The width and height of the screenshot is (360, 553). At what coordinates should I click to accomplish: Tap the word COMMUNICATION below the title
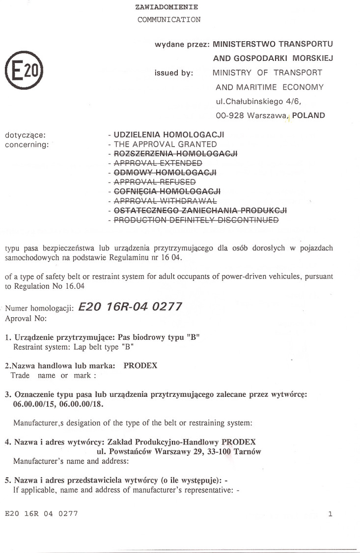(169, 20)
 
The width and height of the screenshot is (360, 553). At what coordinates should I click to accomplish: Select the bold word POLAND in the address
(308, 116)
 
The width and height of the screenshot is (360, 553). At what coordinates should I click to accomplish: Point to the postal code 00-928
(230, 116)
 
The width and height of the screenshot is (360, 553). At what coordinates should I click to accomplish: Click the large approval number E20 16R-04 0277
(130, 307)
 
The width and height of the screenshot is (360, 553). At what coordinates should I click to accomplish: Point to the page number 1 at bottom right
(331, 514)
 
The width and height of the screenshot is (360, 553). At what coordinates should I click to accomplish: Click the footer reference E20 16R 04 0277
(41, 514)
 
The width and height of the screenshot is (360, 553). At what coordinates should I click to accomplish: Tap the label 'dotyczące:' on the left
(25, 134)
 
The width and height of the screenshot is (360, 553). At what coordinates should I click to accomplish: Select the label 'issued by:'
(174, 73)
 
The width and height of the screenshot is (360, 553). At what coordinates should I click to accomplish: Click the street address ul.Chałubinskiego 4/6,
(258, 102)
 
